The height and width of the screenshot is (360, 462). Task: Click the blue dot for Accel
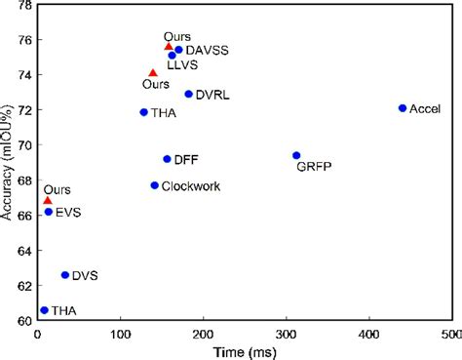(x=403, y=108)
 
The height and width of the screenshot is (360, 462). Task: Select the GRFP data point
(x=296, y=155)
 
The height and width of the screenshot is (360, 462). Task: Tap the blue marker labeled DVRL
(x=188, y=94)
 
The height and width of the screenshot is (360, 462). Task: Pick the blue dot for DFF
(x=167, y=159)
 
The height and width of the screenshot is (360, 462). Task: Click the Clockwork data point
(x=154, y=185)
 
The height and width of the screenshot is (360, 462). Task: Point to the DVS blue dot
(x=65, y=275)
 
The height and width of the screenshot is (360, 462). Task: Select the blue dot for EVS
(x=48, y=212)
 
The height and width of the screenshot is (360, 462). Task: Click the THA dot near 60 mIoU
(x=44, y=310)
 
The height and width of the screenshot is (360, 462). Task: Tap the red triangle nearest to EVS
(x=47, y=200)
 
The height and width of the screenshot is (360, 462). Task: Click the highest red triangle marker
(x=168, y=46)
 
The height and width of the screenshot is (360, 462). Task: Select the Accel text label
(x=426, y=108)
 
